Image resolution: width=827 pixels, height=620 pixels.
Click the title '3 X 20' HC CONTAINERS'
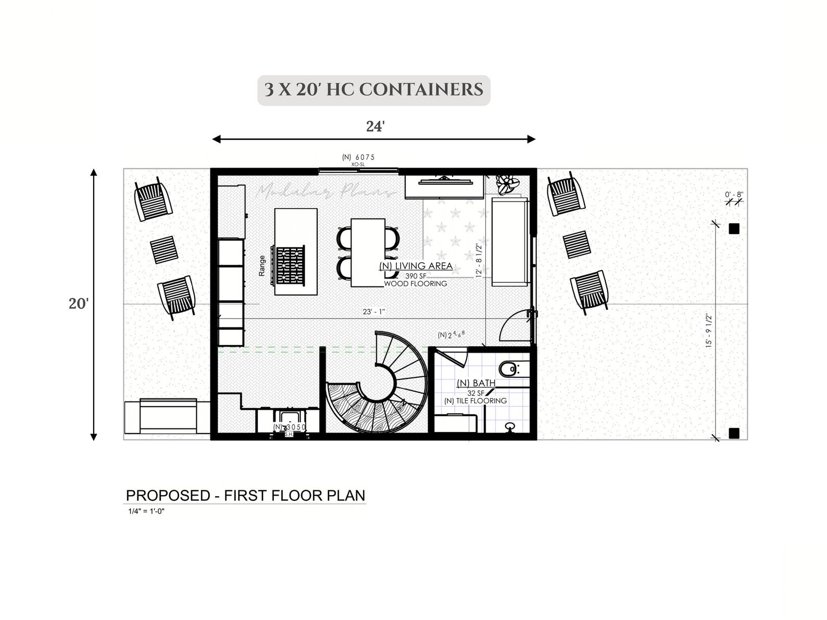coord(373,90)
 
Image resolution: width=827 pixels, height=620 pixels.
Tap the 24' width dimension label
coord(375,126)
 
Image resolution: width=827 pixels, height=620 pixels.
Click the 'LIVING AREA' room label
coord(416,267)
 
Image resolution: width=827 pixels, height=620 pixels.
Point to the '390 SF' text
coord(416,275)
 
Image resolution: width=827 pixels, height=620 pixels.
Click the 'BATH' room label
coord(476,384)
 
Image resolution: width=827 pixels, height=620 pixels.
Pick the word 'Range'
coord(262,265)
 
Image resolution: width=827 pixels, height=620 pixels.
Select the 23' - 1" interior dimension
coord(374,312)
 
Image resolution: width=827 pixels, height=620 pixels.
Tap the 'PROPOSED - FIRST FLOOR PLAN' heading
coord(245,496)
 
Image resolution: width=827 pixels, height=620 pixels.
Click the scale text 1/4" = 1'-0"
coord(147,511)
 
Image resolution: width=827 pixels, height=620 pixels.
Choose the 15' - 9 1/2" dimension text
coord(709,331)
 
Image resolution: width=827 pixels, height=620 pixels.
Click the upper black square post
coord(734,229)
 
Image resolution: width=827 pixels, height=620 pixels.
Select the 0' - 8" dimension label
coord(733,195)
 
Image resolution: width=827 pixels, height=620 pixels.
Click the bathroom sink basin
coord(510,427)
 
